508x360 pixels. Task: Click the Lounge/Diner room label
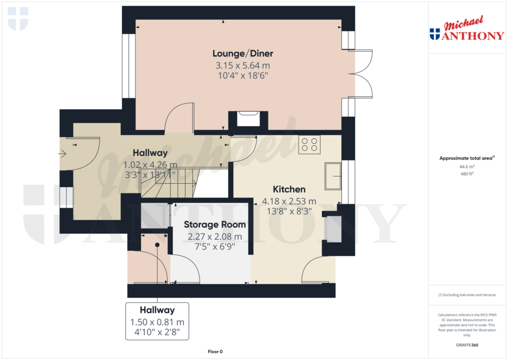click(x=243, y=54)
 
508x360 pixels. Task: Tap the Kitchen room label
click(x=289, y=189)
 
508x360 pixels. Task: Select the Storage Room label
click(x=215, y=224)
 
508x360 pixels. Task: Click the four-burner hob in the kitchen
click(x=309, y=144)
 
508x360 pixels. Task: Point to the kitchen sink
click(x=333, y=176)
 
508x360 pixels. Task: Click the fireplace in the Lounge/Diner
click(x=248, y=120)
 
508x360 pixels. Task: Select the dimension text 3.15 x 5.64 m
click(x=243, y=66)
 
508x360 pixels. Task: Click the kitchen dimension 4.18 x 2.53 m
click(x=289, y=201)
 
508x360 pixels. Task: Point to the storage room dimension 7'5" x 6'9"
click(x=215, y=246)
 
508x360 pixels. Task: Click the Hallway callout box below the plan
click(x=157, y=321)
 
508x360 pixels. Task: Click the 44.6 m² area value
click(x=467, y=167)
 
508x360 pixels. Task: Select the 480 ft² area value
click(x=467, y=174)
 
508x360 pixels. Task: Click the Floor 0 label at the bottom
click(x=215, y=352)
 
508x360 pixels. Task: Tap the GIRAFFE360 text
click(x=467, y=345)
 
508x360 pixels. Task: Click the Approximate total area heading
click(x=466, y=158)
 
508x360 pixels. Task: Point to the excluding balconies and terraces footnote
click(x=467, y=295)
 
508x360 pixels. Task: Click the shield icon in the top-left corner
click(x=18, y=19)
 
